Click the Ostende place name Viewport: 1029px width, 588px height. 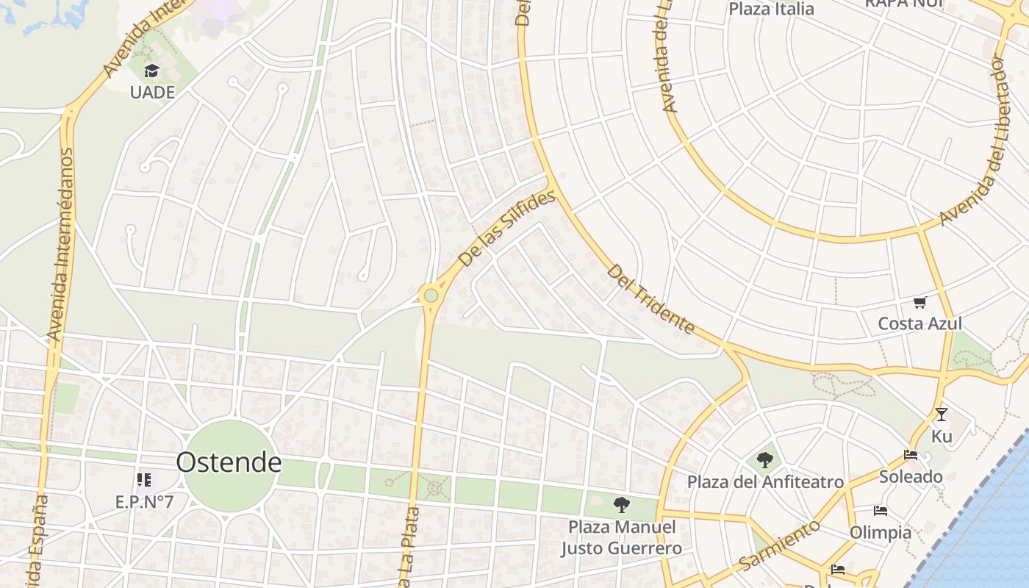pyautogui.click(x=229, y=462)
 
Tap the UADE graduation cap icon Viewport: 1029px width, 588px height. pyautogui.click(x=151, y=71)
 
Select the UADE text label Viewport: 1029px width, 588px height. pyautogui.click(x=152, y=92)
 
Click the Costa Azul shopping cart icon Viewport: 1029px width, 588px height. pyautogui.click(x=919, y=302)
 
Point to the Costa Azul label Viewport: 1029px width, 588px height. pyautogui.click(x=919, y=323)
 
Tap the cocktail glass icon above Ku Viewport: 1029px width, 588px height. pyautogui.click(x=941, y=415)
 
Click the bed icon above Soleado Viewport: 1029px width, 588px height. pyautogui.click(x=911, y=455)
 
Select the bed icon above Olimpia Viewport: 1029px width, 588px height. pyautogui.click(x=881, y=511)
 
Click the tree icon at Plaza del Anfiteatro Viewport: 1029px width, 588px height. pyautogui.click(x=765, y=460)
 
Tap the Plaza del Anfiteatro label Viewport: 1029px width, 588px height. pyautogui.click(x=765, y=482)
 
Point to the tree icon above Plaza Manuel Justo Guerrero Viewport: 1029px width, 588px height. pyautogui.click(x=621, y=505)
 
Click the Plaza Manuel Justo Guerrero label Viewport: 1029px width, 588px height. pyautogui.click(x=622, y=538)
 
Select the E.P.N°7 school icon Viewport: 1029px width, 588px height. pyautogui.click(x=143, y=481)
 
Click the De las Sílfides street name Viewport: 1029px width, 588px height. pyautogui.click(x=506, y=229)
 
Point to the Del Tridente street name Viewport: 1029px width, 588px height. pyautogui.click(x=650, y=298)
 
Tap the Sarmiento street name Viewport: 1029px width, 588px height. pyautogui.click(x=779, y=545)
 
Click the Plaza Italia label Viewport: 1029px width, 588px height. pyautogui.click(x=771, y=9)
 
